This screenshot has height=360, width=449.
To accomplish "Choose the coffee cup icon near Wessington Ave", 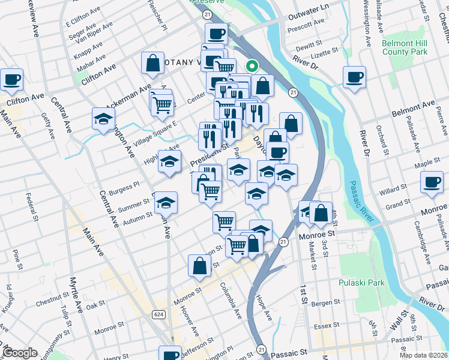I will [354, 76].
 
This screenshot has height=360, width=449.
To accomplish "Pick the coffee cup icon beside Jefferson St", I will [171, 354].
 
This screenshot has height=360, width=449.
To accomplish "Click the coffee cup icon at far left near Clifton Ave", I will [12, 79].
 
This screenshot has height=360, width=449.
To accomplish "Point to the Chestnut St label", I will [52, 298].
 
